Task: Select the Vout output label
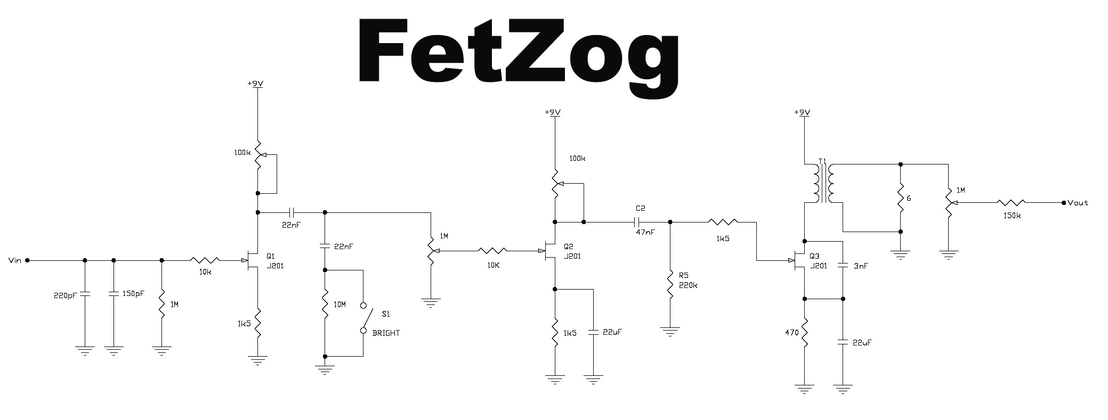(1078, 203)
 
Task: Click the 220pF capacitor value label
(66, 295)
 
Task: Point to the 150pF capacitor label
(133, 293)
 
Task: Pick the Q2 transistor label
(569, 246)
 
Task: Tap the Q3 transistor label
(814, 256)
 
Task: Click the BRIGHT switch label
(386, 333)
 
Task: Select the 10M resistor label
(339, 304)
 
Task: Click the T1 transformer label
(822, 161)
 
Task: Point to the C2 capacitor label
(640, 208)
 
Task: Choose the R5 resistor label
(684, 275)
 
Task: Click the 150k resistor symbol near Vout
(1011, 202)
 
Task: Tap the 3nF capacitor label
(861, 266)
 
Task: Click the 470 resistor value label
(791, 333)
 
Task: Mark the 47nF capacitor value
(645, 232)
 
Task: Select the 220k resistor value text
(688, 285)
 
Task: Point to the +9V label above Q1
(256, 84)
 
